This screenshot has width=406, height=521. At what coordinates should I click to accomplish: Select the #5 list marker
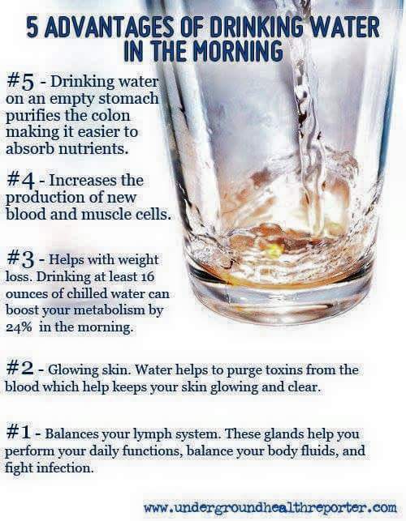tap(20, 82)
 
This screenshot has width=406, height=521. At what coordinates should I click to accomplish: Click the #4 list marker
tap(20, 181)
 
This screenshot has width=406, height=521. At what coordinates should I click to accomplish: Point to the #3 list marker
tap(20, 259)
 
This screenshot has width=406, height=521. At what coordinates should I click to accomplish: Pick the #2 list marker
tap(20, 369)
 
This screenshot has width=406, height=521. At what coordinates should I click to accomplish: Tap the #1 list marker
tap(19, 433)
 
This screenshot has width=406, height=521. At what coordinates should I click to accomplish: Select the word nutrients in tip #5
tap(93, 149)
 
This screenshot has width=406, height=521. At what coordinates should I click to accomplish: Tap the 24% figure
tap(19, 327)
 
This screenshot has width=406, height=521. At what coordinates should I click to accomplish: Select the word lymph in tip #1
tap(150, 434)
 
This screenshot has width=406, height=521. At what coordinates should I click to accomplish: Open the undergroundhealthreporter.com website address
tap(270, 508)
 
